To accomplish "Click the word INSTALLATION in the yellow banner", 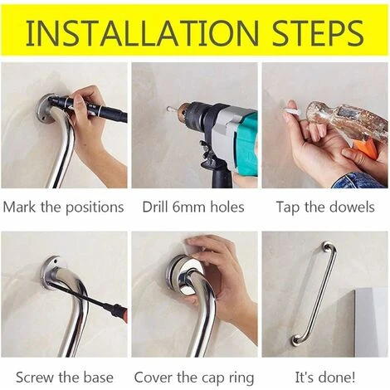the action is pos(143,32).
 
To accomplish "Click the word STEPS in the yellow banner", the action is pos(318,32).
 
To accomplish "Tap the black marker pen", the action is pos(89,107).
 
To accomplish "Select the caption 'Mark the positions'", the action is pos(63,207).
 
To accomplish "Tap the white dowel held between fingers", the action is pos(293,110).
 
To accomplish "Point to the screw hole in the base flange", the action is pos(56,261).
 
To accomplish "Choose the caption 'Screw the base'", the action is pos(65,378).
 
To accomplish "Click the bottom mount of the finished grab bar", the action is pos(296,340).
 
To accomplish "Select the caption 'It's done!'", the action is pos(325,378).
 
